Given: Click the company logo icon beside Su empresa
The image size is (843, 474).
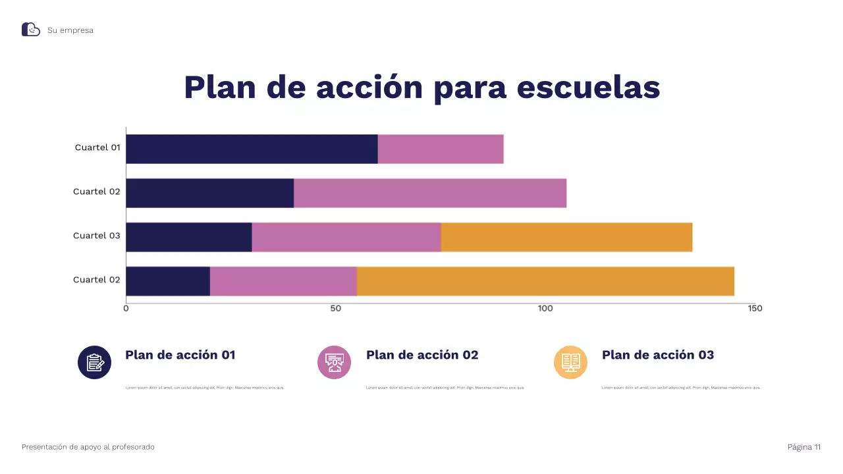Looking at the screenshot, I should tap(31, 30).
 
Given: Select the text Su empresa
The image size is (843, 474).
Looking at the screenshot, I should tap(70, 30).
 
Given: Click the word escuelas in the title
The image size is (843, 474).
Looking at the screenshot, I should tap(588, 88).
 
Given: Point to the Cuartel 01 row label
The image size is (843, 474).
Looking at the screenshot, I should tap(97, 147).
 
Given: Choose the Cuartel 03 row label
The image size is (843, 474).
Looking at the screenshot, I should tap(97, 236).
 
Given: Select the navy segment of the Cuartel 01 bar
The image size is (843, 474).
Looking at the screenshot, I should tap(252, 149).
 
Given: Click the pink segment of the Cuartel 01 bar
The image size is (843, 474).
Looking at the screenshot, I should tap(441, 149).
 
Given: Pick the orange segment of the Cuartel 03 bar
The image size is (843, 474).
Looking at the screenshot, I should tap(566, 237).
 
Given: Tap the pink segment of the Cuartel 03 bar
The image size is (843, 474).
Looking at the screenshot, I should tap(346, 237).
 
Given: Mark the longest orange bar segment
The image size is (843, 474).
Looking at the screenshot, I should tap(545, 281).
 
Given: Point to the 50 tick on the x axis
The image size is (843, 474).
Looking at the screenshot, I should tap(336, 309).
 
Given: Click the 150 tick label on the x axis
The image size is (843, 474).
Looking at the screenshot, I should tap(755, 309).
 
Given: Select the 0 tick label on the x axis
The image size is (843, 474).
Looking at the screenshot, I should tap(126, 309).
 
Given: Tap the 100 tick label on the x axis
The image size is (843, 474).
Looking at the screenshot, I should tap(545, 309).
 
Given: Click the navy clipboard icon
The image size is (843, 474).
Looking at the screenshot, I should tap(95, 362).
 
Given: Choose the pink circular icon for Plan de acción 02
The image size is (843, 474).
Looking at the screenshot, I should tap(335, 362).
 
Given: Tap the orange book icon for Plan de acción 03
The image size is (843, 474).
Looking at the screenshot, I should tap(570, 362).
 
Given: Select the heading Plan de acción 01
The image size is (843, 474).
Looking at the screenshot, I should tap(180, 355).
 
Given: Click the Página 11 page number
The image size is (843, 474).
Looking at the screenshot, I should tap(804, 447).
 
